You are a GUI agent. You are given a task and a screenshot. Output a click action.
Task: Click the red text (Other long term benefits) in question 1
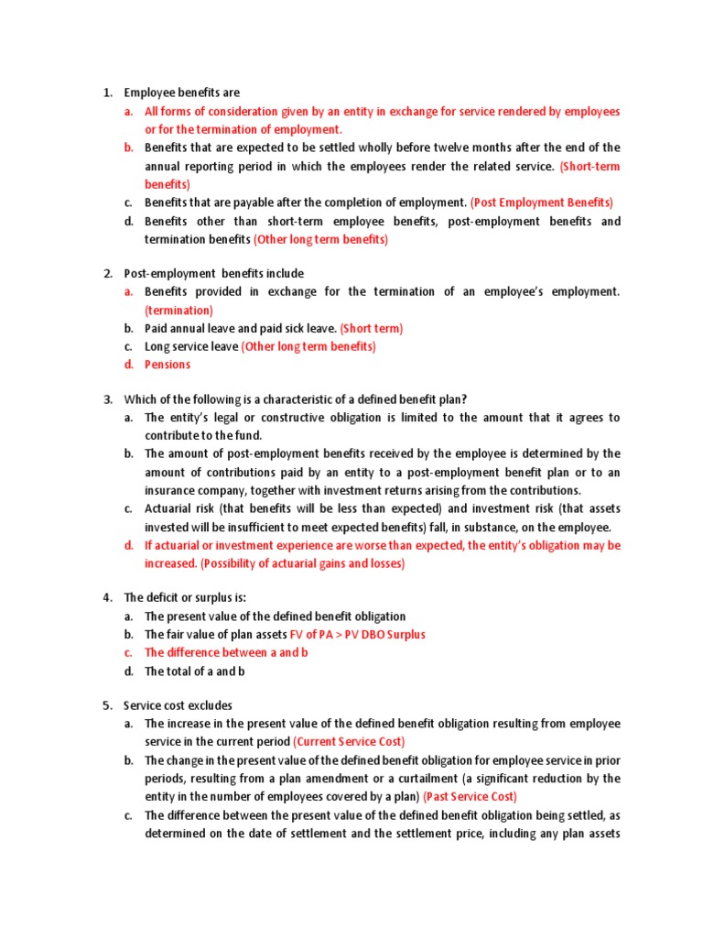[320, 239]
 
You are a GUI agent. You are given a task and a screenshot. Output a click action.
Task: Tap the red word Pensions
[168, 365]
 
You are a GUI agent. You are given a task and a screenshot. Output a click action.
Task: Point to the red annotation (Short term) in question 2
[371, 328]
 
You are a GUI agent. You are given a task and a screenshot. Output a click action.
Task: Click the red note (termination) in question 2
[178, 311]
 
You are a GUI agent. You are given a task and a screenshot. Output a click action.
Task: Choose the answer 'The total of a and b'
[194, 671]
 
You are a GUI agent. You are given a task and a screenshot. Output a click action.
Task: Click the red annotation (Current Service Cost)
[349, 741]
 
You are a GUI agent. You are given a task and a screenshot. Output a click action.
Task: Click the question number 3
[106, 398]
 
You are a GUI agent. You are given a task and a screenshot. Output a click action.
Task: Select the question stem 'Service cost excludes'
[178, 705]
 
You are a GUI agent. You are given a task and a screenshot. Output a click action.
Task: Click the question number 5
[106, 705]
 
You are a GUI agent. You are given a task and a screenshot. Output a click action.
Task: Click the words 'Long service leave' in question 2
[191, 346]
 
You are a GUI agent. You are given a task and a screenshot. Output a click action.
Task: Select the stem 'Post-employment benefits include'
[214, 274]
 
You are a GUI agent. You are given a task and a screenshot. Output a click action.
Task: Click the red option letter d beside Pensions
[129, 365]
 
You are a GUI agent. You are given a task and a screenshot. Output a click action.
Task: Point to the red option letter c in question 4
[129, 652]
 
